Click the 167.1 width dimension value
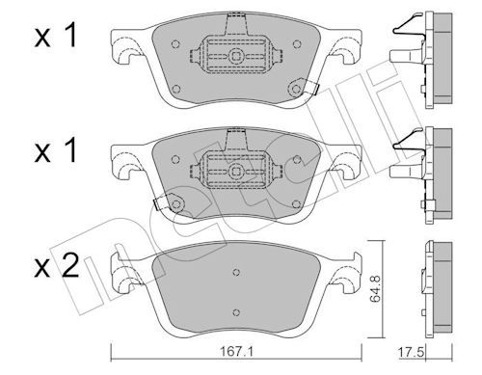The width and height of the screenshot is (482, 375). pyautogui.click(x=236, y=352)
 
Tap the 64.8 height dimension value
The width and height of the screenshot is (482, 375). pyautogui.click(x=375, y=289)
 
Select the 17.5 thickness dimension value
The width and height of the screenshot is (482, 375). pyautogui.click(x=412, y=352)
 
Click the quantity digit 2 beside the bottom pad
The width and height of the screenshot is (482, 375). pyautogui.click(x=70, y=265)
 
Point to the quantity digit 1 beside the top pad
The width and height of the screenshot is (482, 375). pyautogui.click(x=69, y=36)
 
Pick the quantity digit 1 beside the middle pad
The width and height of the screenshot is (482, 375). pyautogui.click(x=69, y=150)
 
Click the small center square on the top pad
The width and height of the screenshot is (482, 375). pyautogui.click(x=236, y=57)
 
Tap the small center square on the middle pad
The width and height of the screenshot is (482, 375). pyautogui.click(x=236, y=171)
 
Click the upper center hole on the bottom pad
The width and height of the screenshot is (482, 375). pyautogui.click(x=236, y=272)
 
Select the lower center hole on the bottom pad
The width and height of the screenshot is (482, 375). pyautogui.click(x=236, y=312)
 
